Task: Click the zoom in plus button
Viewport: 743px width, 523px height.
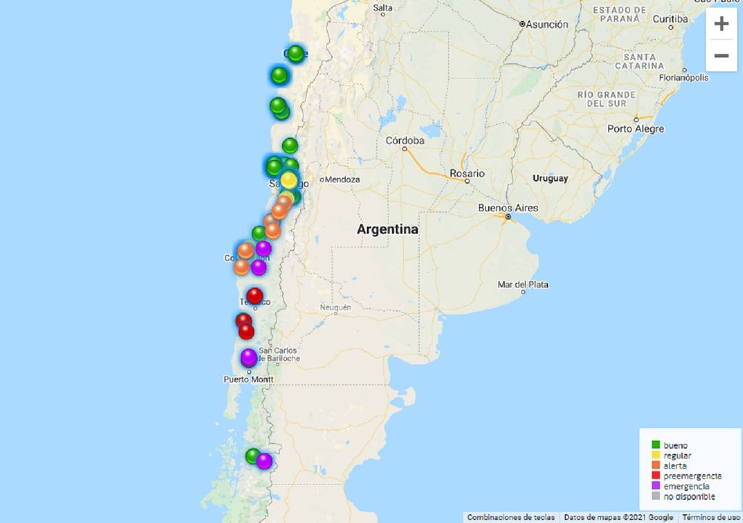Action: [721, 24]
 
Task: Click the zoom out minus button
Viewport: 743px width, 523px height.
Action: [721, 56]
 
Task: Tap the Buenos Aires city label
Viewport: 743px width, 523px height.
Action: [508, 208]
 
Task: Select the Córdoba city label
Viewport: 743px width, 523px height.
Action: [405, 140]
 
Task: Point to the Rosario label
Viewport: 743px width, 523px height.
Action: [467, 174]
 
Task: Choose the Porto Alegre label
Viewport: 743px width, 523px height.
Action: [636, 129]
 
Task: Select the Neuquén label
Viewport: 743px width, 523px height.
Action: [335, 308]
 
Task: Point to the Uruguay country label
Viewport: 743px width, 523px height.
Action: [550, 178]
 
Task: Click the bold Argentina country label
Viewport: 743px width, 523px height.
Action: [387, 230]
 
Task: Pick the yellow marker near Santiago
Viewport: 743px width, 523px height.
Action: [289, 180]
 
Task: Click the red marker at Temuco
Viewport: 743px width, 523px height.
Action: [255, 296]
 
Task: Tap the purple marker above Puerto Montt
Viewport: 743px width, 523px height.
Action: [249, 357]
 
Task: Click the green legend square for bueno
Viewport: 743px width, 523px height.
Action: [656, 445]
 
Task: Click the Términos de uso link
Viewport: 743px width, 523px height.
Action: [710, 517]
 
